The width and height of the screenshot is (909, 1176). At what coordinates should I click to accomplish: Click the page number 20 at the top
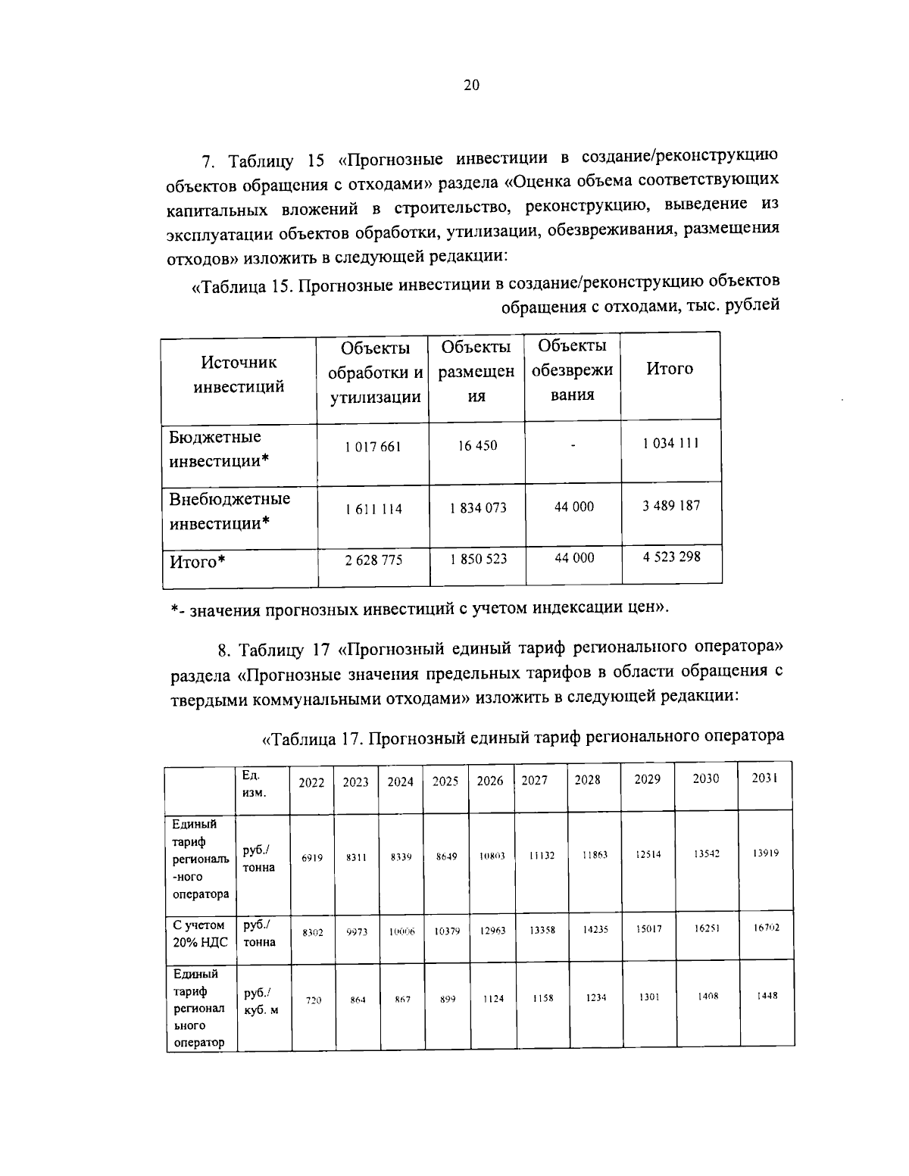[x=470, y=86]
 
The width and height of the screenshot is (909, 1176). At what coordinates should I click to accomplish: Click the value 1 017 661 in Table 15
[x=373, y=447]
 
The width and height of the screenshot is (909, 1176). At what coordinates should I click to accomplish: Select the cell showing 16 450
[x=477, y=445]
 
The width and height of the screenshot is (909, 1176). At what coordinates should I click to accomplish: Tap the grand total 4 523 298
[x=671, y=557]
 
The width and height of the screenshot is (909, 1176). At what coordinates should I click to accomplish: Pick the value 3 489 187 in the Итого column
[x=671, y=505]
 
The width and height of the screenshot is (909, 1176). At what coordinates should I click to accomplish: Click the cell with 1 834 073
[x=477, y=507]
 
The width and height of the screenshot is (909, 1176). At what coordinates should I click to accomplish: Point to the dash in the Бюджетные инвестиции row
[x=573, y=446]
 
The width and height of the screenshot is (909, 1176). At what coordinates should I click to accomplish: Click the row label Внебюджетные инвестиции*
[x=230, y=511]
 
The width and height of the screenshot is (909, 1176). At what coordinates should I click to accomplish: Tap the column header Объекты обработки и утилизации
[x=374, y=372]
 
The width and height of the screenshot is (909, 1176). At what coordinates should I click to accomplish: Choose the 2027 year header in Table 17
[x=534, y=780]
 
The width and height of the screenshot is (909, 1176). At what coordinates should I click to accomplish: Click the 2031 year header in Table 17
[x=764, y=778]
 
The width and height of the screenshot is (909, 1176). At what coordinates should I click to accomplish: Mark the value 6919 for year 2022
[x=312, y=858]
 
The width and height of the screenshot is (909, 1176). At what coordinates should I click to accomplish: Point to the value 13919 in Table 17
[x=766, y=853]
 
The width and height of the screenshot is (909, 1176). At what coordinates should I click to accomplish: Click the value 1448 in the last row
[x=767, y=996]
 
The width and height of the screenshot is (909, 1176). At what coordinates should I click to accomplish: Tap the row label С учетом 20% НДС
[x=199, y=934]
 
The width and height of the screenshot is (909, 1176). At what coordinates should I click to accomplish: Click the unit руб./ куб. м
[x=259, y=1000]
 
